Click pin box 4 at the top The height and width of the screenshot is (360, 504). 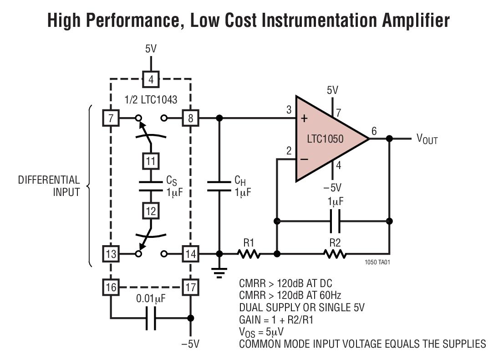point(151,80)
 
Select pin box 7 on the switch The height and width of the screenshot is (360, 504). point(111,119)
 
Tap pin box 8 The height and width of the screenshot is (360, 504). point(190,119)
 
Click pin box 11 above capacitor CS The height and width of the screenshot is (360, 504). point(151,160)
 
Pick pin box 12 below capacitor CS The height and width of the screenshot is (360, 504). point(151,211)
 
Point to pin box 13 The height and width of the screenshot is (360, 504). point(111,254)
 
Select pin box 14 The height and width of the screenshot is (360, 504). point(190,254)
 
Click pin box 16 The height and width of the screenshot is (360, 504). point(111,288)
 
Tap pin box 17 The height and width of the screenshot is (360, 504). point(190,288)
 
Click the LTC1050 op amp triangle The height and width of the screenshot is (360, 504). point(326,138)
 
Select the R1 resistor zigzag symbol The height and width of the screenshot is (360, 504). point(248,254)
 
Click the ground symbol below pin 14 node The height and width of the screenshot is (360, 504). point(219,272)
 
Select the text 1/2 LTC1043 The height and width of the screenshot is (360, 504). point(150,99)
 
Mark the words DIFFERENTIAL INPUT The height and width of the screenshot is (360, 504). point(49,185)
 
